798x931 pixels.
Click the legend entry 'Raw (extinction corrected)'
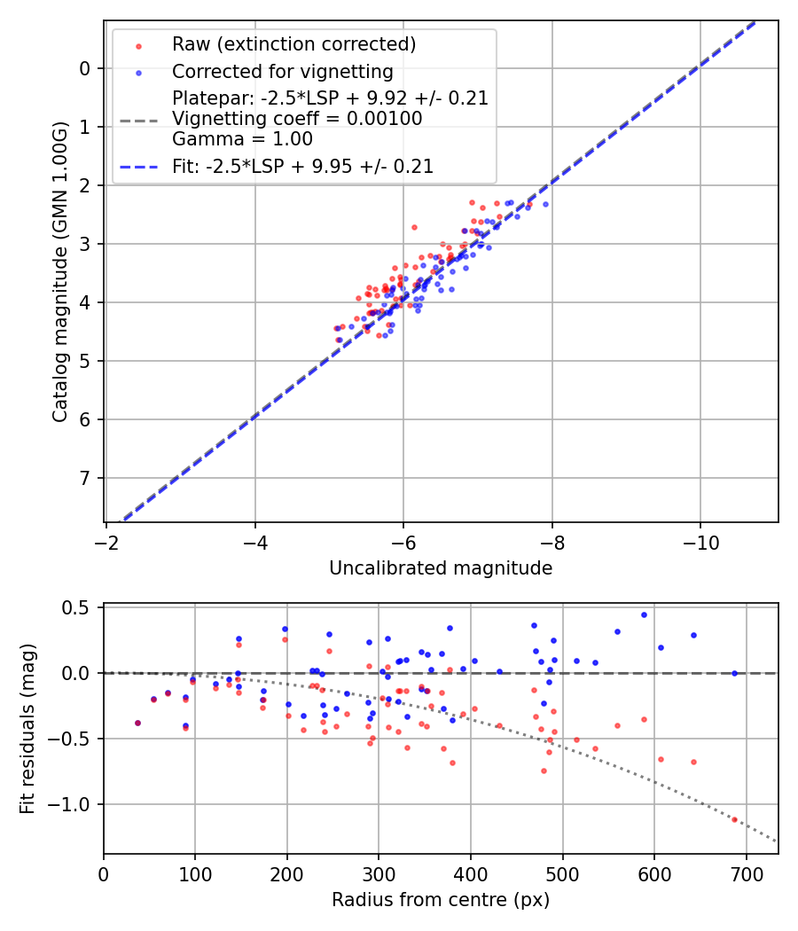point(293,44)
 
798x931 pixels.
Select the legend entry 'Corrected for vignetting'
point(282,71)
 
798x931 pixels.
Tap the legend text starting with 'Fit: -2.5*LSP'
point(302,166)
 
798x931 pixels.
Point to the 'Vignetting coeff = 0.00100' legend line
point(297,118)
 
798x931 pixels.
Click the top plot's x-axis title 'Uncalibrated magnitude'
point(441,568)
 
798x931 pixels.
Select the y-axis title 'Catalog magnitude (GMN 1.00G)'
point(59,272)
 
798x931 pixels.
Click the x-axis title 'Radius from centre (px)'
point(441,900)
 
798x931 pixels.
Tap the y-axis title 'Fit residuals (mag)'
point(27,729)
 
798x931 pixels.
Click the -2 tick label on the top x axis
point(106,540)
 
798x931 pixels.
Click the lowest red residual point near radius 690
point(734,819)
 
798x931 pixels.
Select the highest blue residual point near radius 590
point(644,614)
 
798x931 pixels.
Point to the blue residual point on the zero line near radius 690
point(734,673)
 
